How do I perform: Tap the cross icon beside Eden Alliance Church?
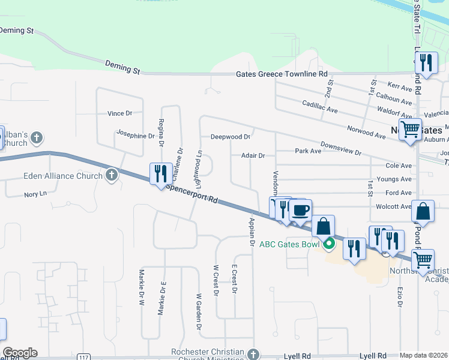pos(111,175)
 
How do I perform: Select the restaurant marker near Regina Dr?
pos(161,173)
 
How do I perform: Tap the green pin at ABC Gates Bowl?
pos(328,244)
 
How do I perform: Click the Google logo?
pos(20,353)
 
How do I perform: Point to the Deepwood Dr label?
pos(231,137)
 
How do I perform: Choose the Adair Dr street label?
pos(253,155)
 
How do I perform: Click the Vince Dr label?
pos(119,113)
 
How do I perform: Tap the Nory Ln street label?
pos(35,194)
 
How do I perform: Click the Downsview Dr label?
pos(340,149)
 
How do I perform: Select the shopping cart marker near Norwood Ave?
pos(411,128)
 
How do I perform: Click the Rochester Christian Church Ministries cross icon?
pos(255,355)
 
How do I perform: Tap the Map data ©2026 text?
pos(424,355)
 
